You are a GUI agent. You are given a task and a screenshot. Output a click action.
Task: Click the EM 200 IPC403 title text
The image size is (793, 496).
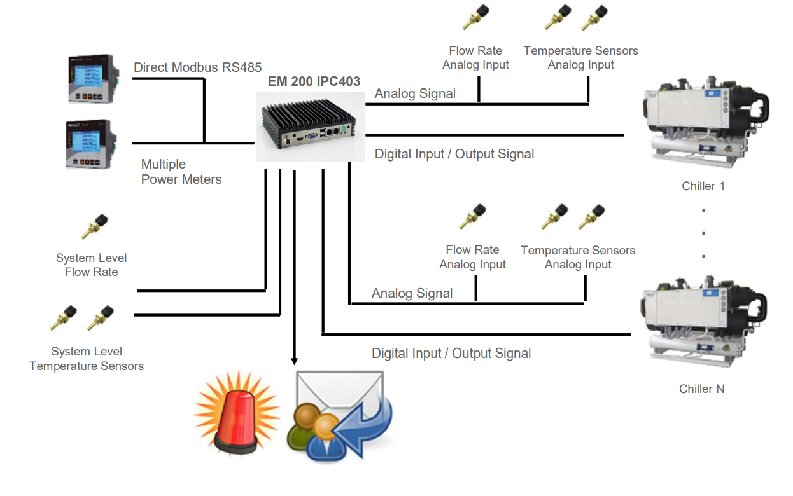tap(314, 81)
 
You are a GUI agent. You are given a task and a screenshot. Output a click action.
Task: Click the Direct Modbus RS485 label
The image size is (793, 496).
tap(197, 67)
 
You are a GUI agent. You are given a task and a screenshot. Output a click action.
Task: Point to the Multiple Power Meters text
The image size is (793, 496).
tap(181, 172)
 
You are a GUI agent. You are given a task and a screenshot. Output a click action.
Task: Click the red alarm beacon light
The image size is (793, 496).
tap(237, 413)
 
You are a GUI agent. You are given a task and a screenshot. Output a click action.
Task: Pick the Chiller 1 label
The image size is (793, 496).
tap(703, 186)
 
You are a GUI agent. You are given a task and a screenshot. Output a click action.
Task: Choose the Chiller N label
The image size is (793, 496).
tap(701, 389)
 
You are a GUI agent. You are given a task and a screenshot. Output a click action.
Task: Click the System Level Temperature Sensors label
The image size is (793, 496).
tap(87, 359)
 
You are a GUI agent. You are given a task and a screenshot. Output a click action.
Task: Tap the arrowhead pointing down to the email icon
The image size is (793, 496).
tap(294, 360)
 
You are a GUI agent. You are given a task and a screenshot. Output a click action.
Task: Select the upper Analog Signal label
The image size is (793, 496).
tap(415, 93)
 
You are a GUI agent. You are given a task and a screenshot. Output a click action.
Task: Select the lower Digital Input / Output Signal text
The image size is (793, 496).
tap(451, 353)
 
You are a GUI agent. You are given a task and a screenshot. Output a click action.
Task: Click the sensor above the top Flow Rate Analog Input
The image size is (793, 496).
tap(475, 17)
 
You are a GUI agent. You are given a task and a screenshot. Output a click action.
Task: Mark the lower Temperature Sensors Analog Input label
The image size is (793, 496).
tap(578, 257)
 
